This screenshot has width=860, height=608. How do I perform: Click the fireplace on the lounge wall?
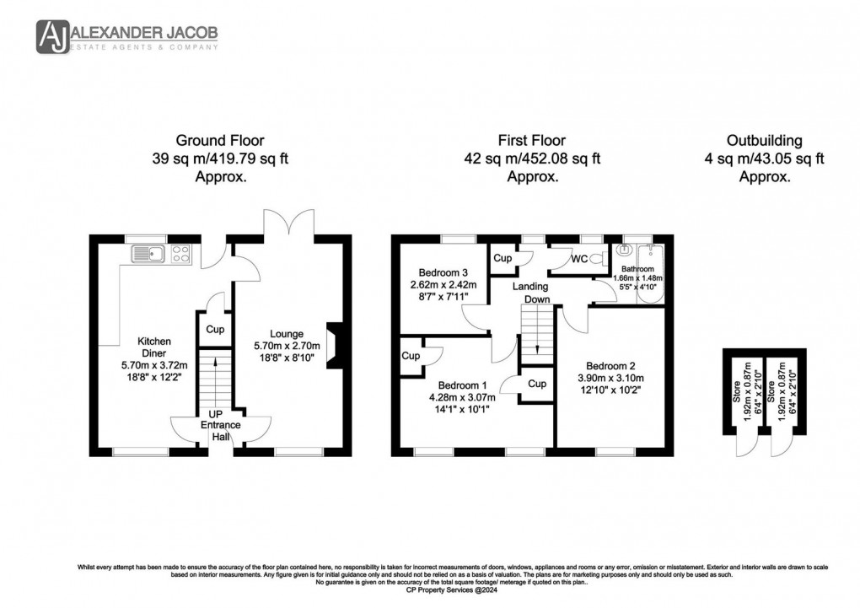(336, 346)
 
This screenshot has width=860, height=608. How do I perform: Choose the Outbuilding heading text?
(765, 141)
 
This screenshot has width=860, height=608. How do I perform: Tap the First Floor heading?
(532, 141)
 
